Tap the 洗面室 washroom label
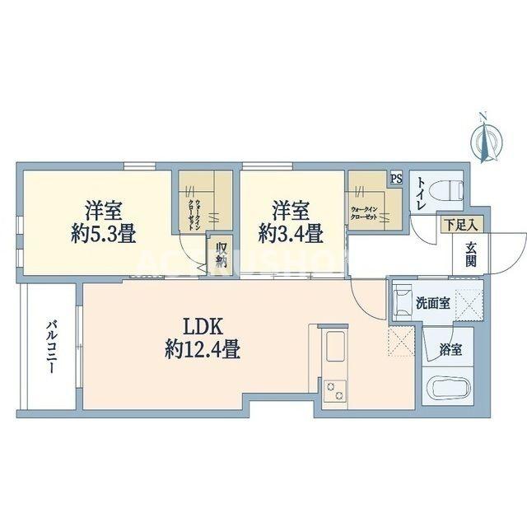[433, 302]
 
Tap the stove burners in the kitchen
[336, 391]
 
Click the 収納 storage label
[222, 254]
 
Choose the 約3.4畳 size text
[290, 233]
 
